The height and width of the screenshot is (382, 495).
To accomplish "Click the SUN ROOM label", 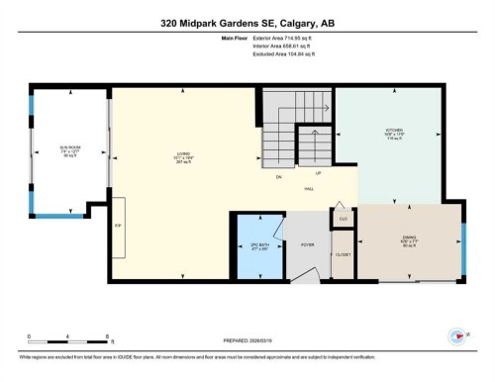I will point(69,150).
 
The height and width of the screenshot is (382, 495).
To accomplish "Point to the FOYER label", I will point(308,243).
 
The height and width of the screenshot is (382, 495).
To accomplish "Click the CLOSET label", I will point(343,254).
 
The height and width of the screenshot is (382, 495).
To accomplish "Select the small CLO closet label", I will point(343,219).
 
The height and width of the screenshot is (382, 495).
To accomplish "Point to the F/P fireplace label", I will point(118,226).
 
